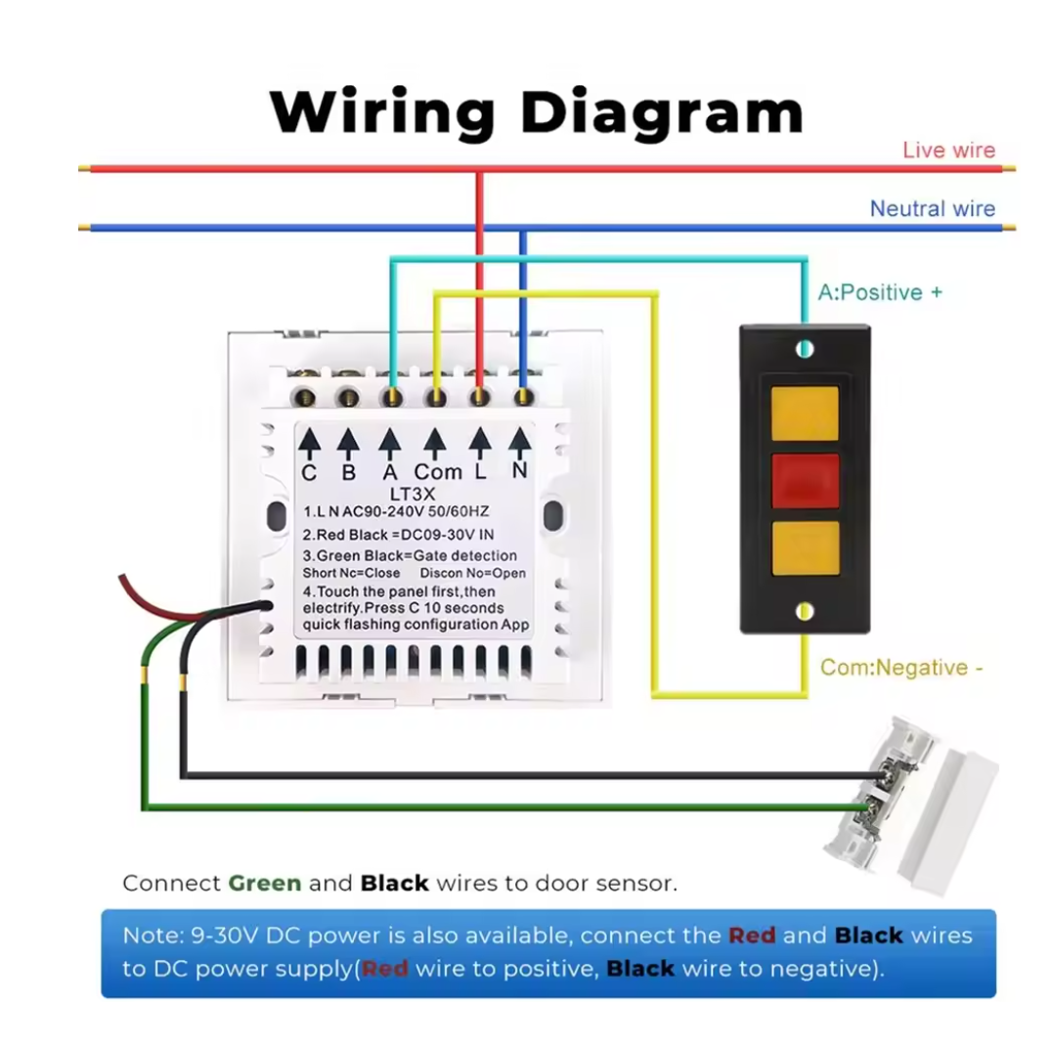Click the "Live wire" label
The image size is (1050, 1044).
[x=948, y=150]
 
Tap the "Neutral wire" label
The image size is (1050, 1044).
[x=932, y=209]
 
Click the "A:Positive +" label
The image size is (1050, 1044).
[x=880, y=292]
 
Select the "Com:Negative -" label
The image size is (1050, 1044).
[x=901, y=668]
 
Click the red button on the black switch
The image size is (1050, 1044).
[x=805, y=480]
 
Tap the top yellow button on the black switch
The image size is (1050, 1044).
[x=805, y=413]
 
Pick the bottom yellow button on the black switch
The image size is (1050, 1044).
[x=805, y=548]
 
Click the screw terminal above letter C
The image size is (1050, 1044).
[x=305, y=399]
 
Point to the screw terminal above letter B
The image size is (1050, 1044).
[x=348, y=399]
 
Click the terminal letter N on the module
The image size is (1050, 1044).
[x=519, y=471]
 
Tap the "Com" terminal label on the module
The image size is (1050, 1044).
[x=438, y=472]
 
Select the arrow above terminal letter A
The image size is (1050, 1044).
[x=390, y=445]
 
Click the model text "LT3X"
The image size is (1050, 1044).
[x=413, y=495]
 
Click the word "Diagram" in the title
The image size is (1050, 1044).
[x=662, y=112]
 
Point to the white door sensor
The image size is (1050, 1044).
[x=911, y=805]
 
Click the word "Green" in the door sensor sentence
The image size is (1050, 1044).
[x=265, y=884]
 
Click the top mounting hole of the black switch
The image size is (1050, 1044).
[x=805, y=349]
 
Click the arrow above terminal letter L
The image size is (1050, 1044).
[x=480, y=444]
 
